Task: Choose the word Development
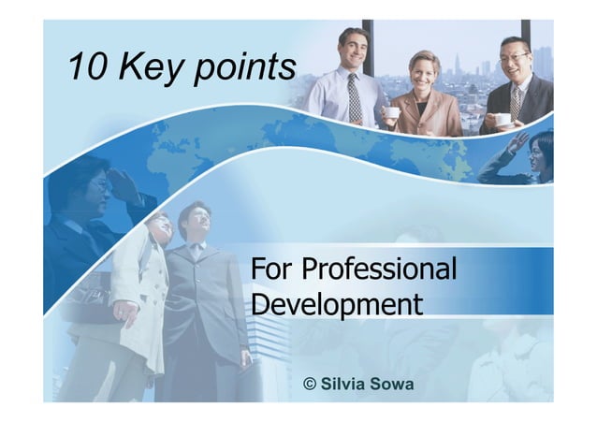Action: tap(338, 304)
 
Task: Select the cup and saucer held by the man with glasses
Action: tap(503, 120)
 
